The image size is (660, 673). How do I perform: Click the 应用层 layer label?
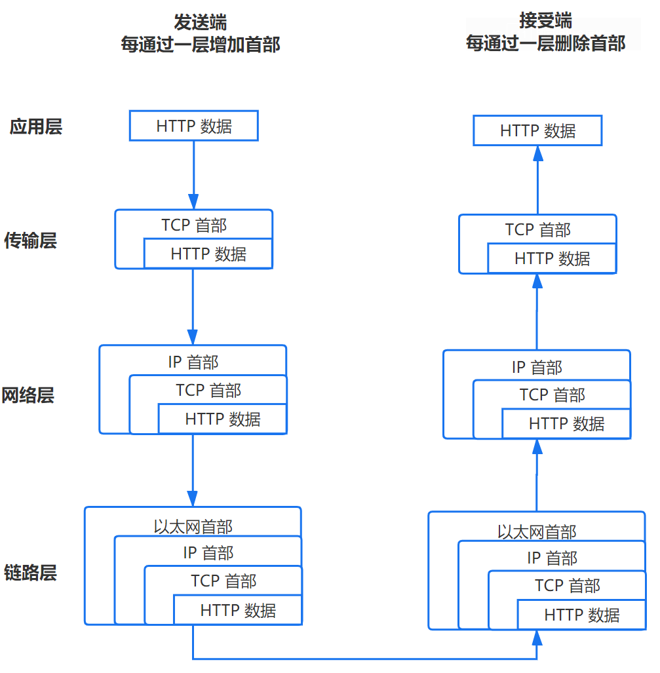coord(36,126)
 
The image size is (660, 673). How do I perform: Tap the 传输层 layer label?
coord(31,240)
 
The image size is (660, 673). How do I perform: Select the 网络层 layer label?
coord(28,395)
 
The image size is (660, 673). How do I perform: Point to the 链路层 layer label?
coord(30,572)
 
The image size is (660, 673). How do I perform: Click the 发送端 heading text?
coord(200,22)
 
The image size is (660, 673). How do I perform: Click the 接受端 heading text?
coord(545,20)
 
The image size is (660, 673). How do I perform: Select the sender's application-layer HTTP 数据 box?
coord(194,126)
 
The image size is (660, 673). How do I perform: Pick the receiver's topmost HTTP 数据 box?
coord(537,130)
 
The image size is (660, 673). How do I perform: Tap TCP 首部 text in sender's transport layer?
coord(194,225)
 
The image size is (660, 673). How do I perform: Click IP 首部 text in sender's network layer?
coord(193,362)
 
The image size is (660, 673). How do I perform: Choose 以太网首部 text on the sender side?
coord(193,526)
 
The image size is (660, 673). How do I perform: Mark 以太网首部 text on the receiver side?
coord(537,531)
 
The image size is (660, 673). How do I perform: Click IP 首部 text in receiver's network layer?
coord(537,367)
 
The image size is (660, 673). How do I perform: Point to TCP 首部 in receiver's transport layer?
coord(537,230)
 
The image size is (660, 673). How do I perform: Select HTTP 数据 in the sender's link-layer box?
coord(238,611)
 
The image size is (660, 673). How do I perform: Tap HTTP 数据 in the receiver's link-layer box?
coord(581,615)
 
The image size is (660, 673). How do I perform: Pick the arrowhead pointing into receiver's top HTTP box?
coord(537,153)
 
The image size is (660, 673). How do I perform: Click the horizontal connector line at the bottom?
coord(364,659)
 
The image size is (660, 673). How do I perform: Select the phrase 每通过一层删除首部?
coord(545,43)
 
